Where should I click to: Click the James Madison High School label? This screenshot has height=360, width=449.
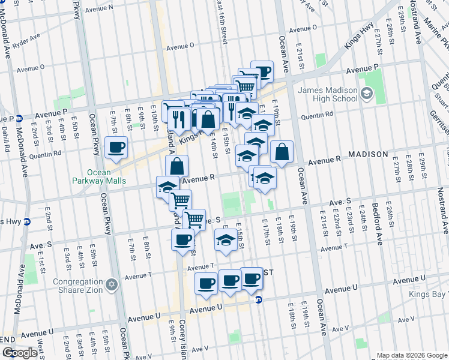pyautogui.click(x=328, y=94)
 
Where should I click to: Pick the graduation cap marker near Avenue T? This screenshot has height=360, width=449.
pyautogui.click(x=225, y=241)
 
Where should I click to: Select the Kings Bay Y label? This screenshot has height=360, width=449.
pyautogui.click(x=429, y=295)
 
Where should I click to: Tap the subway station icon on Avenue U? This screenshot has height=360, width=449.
pyautogui.click(x=259, y=299)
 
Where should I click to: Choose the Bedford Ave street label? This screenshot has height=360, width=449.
pyautogui.click(x=378, y=228)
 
